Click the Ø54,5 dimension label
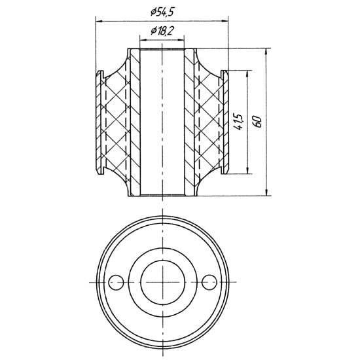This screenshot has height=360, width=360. pos(162,12)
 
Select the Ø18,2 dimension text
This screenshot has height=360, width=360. pos(162,31)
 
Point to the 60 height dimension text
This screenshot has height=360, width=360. pos(258,122)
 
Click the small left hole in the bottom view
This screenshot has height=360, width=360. pos(116,282)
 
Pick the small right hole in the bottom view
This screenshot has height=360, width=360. pos(209,282)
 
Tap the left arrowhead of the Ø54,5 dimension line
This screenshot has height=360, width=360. pos(99,22)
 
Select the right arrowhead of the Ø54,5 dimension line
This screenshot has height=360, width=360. pos(225,22)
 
